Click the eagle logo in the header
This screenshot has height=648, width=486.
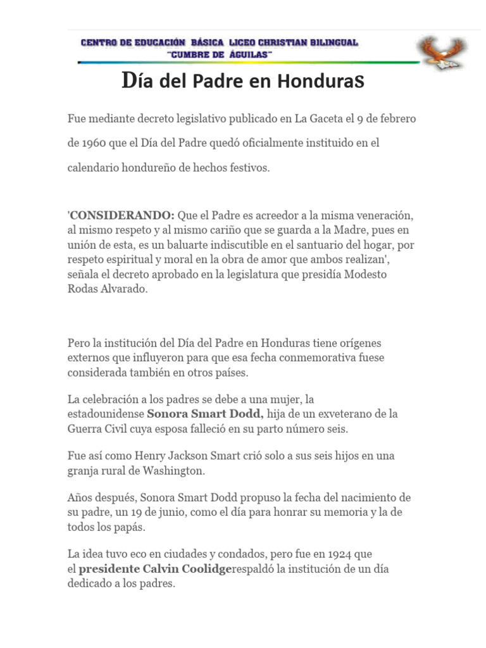[x=441, y=53]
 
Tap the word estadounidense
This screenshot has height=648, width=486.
[x=106, y=414]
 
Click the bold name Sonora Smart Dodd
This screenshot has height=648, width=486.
[x=205, y=414]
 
